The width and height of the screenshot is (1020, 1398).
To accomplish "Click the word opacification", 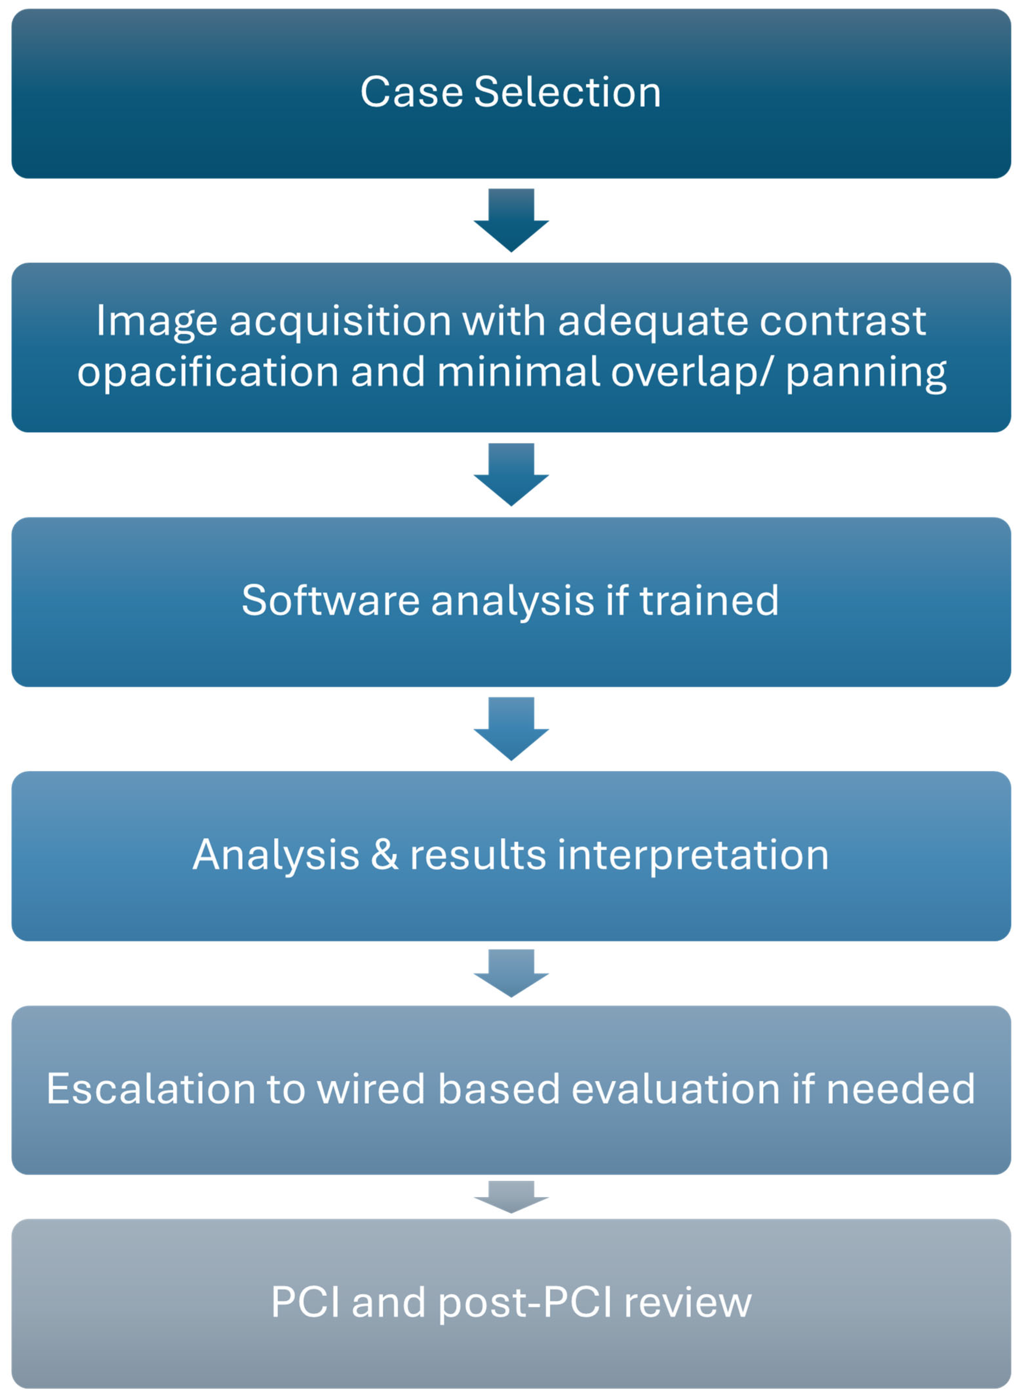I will (207, 372).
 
